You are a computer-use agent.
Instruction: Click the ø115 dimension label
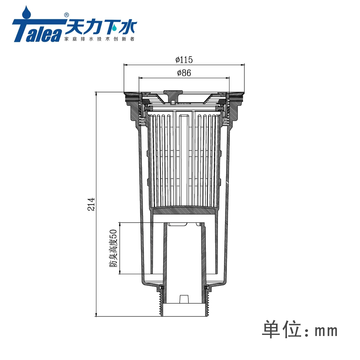(184, 59)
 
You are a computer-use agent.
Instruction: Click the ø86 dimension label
(184, 73)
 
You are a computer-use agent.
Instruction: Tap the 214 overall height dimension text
(92, 204)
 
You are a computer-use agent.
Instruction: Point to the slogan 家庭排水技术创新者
(99, 39)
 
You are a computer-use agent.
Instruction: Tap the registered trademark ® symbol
(66, 15)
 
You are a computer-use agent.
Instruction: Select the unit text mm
(326, 331)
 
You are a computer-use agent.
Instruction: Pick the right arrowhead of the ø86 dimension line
(229, 77)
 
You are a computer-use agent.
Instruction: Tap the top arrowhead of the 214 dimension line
(96, 93)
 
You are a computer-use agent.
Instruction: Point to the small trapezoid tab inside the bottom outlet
(185, 299)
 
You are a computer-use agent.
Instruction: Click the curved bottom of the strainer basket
(185, 208)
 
